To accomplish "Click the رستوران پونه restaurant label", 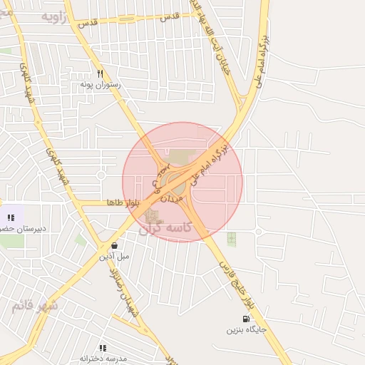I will pos(101,84).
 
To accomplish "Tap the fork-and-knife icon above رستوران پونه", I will pos(101,73).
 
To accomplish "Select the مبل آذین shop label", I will pos(114,255).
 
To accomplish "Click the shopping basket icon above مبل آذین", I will pos(114,245).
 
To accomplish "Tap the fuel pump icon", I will pos(247,319).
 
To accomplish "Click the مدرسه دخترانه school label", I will pos(103,357).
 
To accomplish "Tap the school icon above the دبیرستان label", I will pos(10,217).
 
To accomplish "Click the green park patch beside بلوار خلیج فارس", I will pos(231,239).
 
